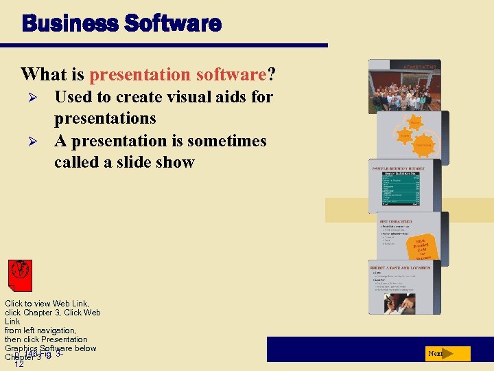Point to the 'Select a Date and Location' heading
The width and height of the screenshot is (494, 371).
click(401, 268)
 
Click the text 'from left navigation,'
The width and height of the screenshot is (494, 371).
click(40, 330)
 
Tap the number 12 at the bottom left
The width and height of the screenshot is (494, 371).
click(19, 364)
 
